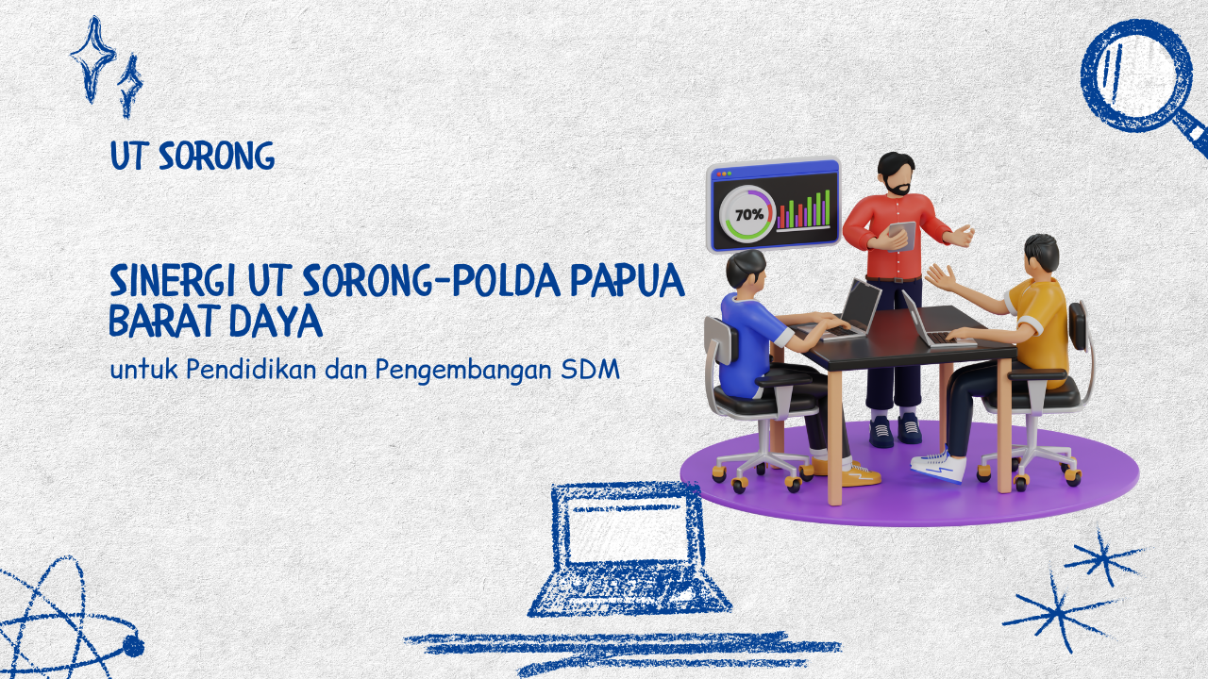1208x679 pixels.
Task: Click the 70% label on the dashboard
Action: (x=749, y=214)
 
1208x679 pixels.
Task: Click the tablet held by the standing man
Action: (x=901, y=235)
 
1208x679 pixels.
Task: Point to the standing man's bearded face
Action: (x=895, y=176)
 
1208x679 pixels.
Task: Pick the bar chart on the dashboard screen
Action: (x=803, y=209)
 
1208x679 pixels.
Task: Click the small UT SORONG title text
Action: (x=192, y=157)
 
